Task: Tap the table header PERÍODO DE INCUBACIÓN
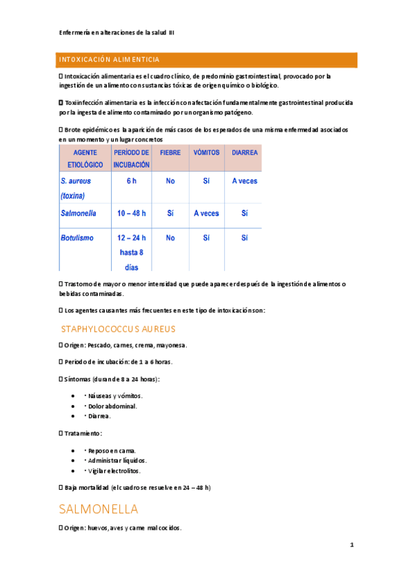point(131,158)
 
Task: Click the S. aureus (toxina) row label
point(76,188)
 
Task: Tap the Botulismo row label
point(77,237)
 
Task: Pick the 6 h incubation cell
point(131,181)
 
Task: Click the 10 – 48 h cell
point(131,213)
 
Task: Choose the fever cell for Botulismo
point(170,237)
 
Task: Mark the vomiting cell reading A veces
point(206,213)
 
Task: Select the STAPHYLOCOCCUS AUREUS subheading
point(118,329)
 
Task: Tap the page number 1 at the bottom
point(352,545)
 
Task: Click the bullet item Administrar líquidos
point(117,460)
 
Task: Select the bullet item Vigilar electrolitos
point(114,470)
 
